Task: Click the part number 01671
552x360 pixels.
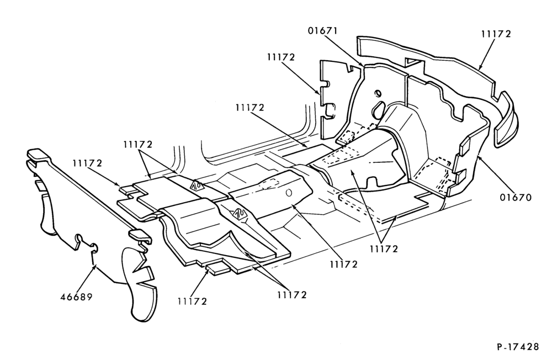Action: pyautogui.click(x=322, y=31)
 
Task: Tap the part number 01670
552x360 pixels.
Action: pyautogui.click(x=516, y=198)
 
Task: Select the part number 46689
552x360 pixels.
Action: pyautogui.click(x=76, y=297)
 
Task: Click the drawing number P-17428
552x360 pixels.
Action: pyautogui.click(x=518, y=347)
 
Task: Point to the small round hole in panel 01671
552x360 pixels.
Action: pyautogui.click(x=378, y=93)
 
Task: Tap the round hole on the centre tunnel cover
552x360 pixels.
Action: pyautogui.click(x=289, y=193)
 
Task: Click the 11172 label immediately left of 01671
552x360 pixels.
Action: pyautogui.click(x=280, y=57)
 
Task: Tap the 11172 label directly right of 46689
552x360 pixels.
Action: pyautogui.click(x=192, y=301)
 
